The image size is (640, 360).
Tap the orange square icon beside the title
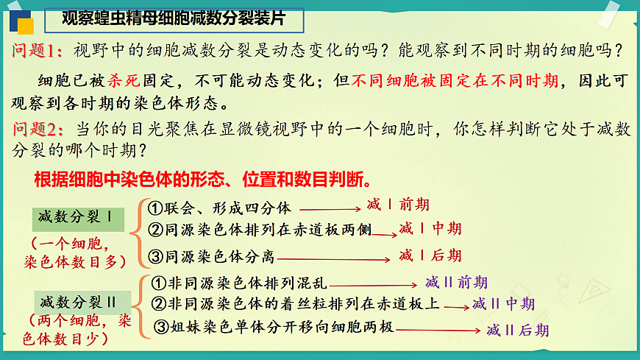[x=26, y=27]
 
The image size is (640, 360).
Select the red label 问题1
[x=38, y=51]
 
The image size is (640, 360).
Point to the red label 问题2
[x=38, y=130]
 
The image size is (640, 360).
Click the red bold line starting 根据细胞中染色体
[x=202, y=180]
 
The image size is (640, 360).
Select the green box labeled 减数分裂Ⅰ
[x=78, y=218]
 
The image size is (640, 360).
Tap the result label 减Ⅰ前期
[x=397, y=205]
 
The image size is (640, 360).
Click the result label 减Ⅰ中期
[x=430, y=229]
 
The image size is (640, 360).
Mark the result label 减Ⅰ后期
[x=430, y=255]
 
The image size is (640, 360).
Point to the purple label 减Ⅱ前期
[x=456, y=282]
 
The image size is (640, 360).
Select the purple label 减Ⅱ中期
[x=503, y=304]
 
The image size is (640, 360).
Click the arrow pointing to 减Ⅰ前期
[x=330, y=209]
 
